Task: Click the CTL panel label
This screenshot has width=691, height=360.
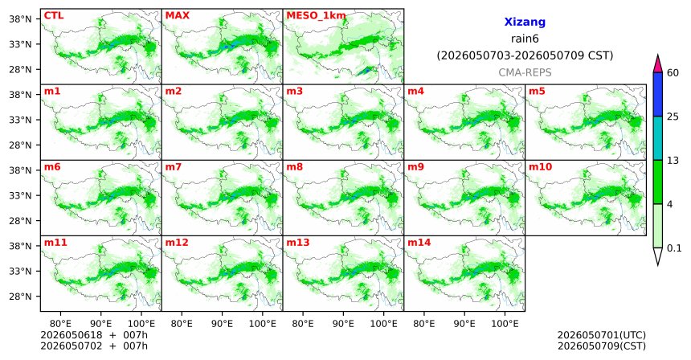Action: pos(54,15)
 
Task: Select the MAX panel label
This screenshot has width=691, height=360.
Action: pos(177,15)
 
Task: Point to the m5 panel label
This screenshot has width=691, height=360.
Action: pos(537,92)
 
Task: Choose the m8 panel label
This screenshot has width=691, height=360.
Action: pos(294,167)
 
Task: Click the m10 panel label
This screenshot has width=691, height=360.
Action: pos(540,167)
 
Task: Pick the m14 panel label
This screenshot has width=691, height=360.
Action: pos(419,243)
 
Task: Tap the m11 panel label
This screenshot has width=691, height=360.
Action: pos(55,243)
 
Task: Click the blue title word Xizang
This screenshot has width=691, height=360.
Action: pos(525,22)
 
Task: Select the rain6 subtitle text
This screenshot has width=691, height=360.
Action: pos(525,39)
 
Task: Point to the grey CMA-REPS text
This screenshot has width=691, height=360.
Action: pos(525,72)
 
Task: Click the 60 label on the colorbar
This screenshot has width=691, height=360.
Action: pos(673,73)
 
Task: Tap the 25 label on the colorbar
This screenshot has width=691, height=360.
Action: pos(673,117)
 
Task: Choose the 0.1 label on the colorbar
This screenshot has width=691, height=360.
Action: pos(674,248)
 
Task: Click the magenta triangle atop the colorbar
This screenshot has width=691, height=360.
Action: pos(658,64)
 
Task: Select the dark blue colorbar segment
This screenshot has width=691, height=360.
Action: pos(658,94)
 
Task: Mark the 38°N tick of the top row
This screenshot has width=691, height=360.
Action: pos(20,19)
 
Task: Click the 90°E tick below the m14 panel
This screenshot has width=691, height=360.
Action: pos(464,324)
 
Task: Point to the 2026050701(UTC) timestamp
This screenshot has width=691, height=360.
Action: pos(602,336)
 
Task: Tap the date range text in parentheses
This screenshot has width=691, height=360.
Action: pos(525,56)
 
